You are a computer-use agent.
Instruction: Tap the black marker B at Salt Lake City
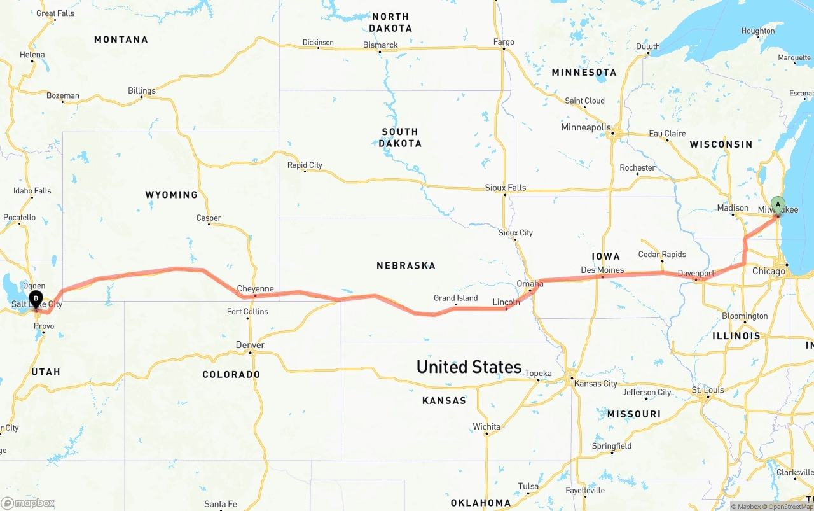tap(36, 298)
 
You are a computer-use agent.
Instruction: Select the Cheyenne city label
tap(255, 289)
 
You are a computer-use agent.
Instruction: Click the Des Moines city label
tap(602, 270)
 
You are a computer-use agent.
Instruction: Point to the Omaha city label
tap(530, 283)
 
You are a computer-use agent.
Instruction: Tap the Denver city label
tap(250, 345)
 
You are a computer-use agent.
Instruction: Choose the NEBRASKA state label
tap(406, 265)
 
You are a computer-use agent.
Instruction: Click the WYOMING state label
tap(171, 195)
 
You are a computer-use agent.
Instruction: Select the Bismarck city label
tap(380, 45)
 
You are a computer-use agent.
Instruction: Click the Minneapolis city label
tap(586, 127)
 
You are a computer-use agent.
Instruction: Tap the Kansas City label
tap(595, 384)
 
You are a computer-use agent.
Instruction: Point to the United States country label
tap(469, 367)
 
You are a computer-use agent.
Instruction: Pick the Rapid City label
tap(305, 165)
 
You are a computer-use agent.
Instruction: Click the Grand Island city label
tap(455, 298)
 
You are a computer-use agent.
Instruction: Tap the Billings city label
tap(141, 91)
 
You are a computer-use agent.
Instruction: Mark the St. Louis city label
tap(708, 389)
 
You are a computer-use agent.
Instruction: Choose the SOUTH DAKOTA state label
tap(399, 137)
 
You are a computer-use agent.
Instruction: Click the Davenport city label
tap(696, 274)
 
